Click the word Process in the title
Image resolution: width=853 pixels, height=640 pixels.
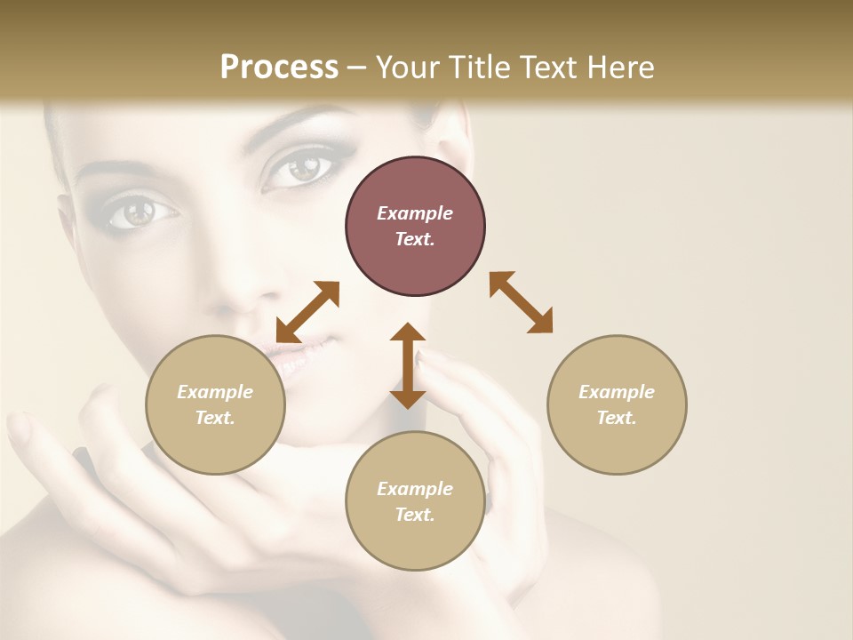pyautogui.click(x=279, y=68)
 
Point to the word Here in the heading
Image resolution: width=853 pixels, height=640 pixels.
pyautogui.click(x=619, y=68)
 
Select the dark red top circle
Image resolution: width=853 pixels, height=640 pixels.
pyautogui.click(x=415, y=227)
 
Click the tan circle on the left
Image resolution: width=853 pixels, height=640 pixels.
pyautogui.click(x=215, y=404)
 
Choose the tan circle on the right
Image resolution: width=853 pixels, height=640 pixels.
pyautogui.click(x=617, y=404)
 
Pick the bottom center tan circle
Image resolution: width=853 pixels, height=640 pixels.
pyautogui.click(x=415, y=501)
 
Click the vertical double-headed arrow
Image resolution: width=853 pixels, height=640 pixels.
pyautogui.click(x=408, y=365)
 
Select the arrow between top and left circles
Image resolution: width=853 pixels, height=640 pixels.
pyautogui.click(x=307, y=312)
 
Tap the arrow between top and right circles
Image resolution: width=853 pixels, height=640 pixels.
pyautogui.click(x=521, y=302)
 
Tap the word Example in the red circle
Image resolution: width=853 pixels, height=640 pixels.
pyautogui.click(x=415, y=213)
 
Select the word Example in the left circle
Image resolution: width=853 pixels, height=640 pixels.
pyautogui.click(x=215, y=392)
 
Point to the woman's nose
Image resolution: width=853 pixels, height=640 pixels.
pyautogui.click(x=235, y=284)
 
